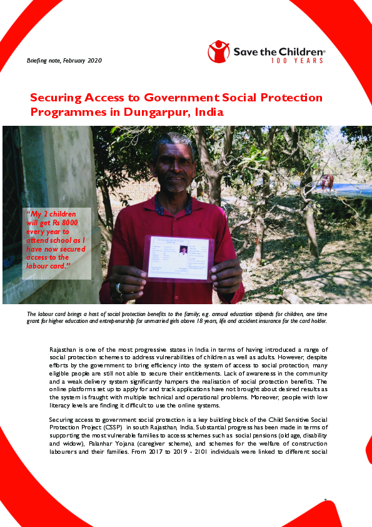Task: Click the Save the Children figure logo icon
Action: tap(219, 51)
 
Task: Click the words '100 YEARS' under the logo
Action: tap(297, 61)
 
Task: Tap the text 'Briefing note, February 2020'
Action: tap(64, 61)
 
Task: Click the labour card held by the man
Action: tap(178, 257)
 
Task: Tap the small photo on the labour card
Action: tap(183, 250)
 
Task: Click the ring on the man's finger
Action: tap(119, 288)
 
